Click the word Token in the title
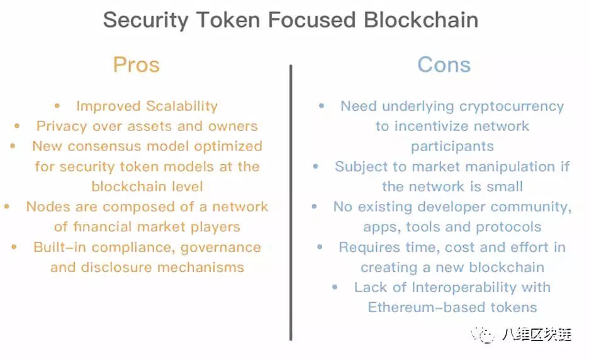point(228,20)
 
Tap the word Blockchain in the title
point(421,20)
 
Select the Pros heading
point(137,65)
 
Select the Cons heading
point(444,65)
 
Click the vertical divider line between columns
point(291,203)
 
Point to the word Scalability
point(182,106)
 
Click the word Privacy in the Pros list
point(62,127)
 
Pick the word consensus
point(104,146)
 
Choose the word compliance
point(133,247)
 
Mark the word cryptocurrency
point(512,107)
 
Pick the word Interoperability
point(464,288)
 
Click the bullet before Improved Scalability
point(57,106)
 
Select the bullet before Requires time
point(320,247)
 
